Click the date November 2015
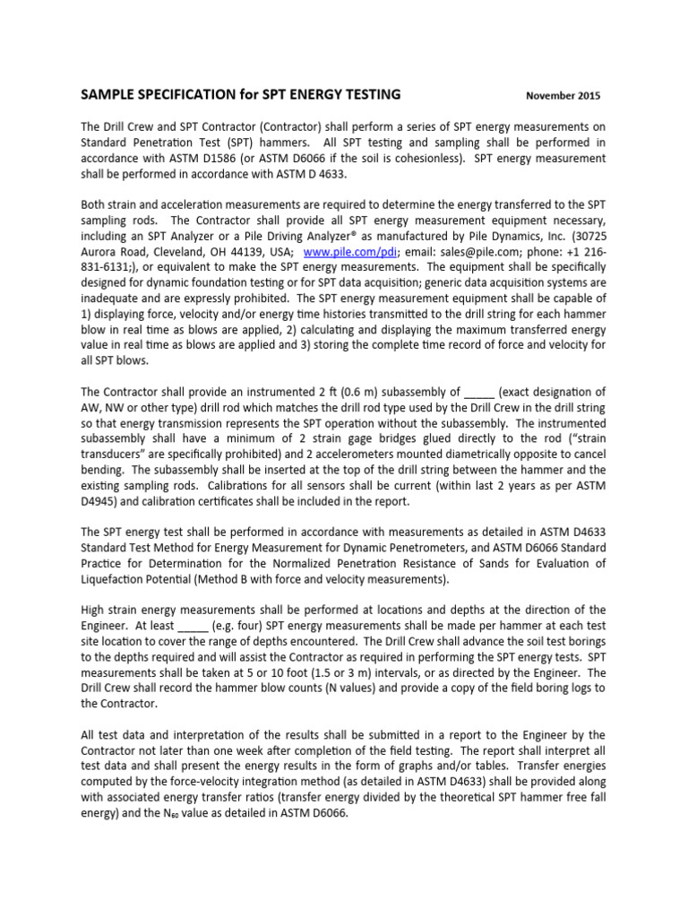click(x=563, y=96)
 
